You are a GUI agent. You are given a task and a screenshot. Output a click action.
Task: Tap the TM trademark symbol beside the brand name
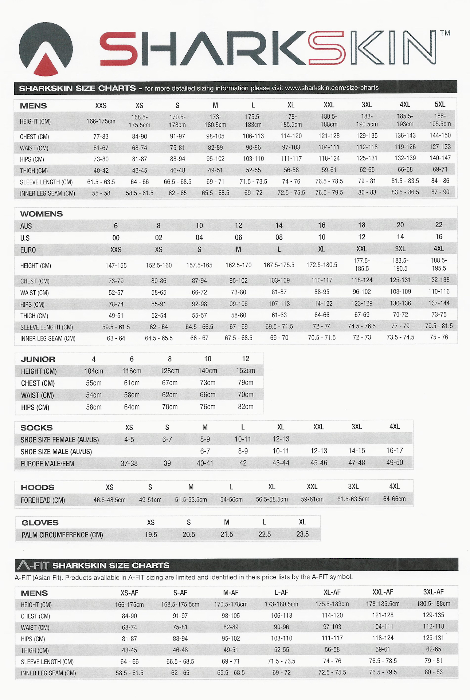click(x=445, y=33)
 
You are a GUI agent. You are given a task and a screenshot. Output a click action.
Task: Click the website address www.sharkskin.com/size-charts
click(x=332, y=88)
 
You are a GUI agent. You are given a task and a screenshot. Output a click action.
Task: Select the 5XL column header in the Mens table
click(x=440, y=105)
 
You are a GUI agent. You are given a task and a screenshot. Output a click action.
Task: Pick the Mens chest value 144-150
click(x=440, y=135)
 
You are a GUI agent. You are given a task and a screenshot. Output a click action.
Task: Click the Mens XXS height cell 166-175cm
click(x=101, y=121)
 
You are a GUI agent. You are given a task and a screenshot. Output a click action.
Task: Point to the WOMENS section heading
click(x=42, y=214)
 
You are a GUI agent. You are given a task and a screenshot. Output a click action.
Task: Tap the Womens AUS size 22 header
click(x=439, y=225)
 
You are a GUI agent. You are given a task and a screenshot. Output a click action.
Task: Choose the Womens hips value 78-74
click(x=116, y=304)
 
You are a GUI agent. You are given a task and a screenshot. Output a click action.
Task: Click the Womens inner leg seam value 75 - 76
click(x=439, y=337)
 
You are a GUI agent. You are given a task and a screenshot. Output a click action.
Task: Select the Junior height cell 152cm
click(x=246, y=371)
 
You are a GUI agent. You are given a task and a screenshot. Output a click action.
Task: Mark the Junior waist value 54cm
click(x=94, y=395)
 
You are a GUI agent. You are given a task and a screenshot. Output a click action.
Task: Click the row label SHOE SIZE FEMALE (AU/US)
click(x=60, y=440)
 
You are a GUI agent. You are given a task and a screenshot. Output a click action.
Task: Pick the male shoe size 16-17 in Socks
click(x=395, y=451)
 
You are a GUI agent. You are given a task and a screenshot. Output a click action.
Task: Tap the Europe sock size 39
click(x=167, y=463)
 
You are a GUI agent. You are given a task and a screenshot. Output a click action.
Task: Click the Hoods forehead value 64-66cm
click(x=394, y=499)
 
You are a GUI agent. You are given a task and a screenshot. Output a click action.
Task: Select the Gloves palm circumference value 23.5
click(x=302, y=534)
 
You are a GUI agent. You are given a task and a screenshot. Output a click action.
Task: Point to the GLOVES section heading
click(x=40, y=523)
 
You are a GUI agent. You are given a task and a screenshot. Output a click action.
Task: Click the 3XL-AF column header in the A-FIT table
click(x=433, y=592)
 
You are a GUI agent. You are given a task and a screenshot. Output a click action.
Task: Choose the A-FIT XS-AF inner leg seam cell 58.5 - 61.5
click(x=130, y=673)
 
